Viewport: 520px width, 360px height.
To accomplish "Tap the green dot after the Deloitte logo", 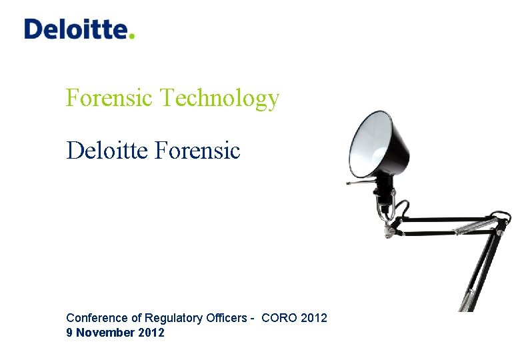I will pos(132,37).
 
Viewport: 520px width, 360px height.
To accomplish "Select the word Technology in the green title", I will pos(220,98).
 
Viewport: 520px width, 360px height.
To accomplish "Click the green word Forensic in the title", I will pos(110,98).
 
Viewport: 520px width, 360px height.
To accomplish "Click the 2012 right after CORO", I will pos(314,318).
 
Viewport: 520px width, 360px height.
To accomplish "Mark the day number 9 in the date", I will pos(69,332).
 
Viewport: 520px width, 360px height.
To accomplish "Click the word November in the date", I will pos(104,332).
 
